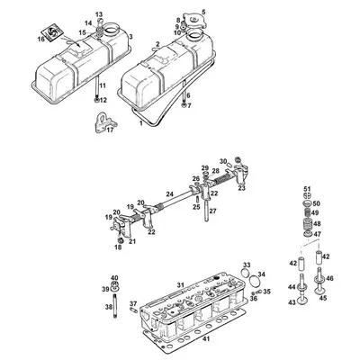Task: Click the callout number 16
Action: coord(41,39)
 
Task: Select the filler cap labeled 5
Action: coord(194,21)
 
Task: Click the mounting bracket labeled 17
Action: coord(103,122)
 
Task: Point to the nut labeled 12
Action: coord(96,100)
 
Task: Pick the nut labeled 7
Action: coord(184,105)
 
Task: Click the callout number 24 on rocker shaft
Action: coord(170,193)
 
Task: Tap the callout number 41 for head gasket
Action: coord(206,339)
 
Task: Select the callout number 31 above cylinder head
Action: coord(180,285)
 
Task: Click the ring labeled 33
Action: coord(246,274)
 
